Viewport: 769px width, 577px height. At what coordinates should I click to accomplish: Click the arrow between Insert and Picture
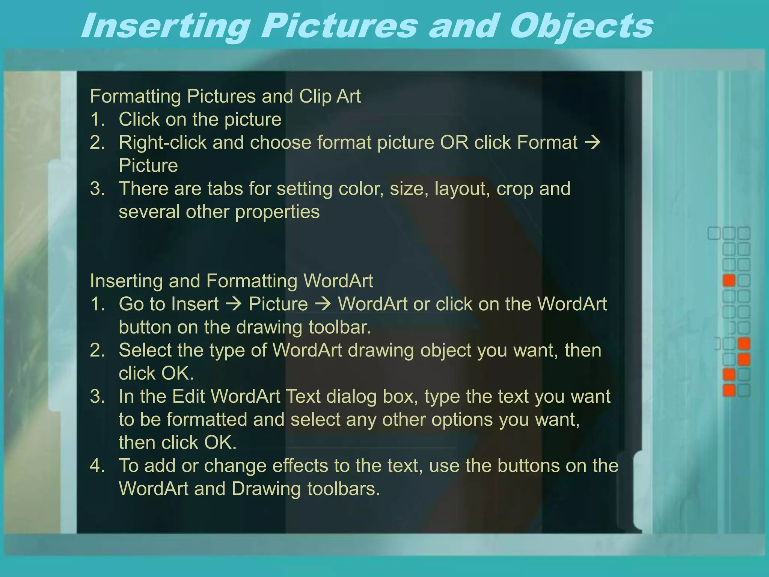234,304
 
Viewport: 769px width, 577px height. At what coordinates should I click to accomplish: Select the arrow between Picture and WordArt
323,304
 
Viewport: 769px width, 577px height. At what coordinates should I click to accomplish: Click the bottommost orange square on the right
729,390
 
